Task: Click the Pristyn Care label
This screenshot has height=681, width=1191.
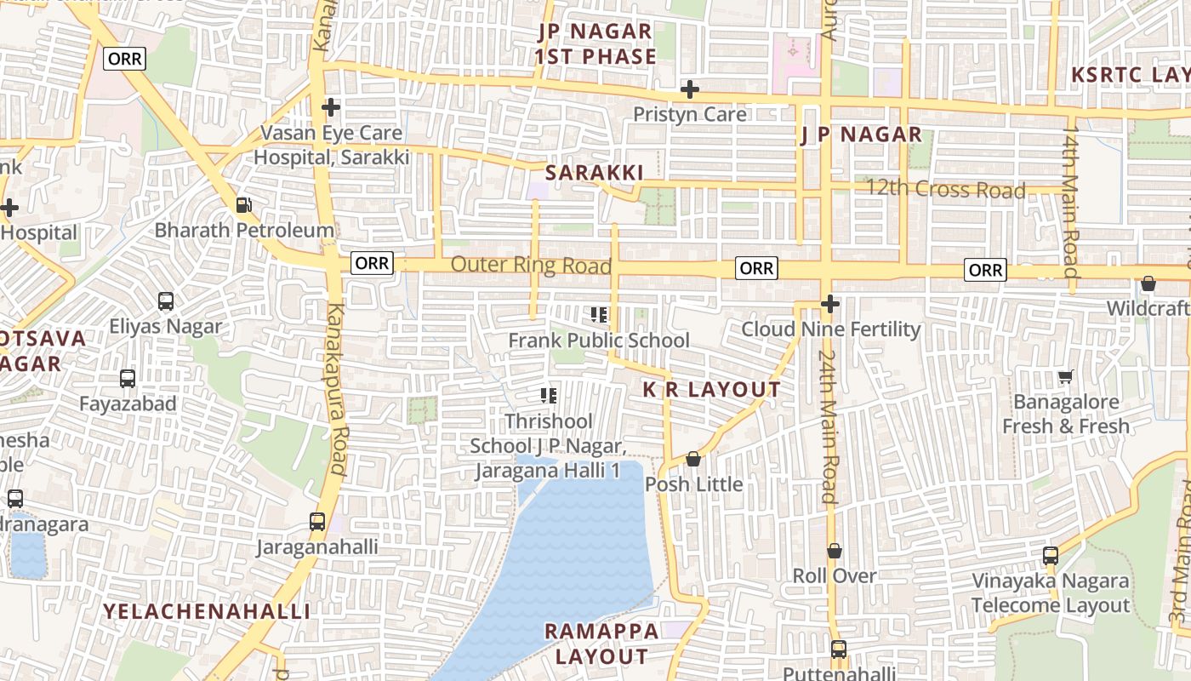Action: pyautogui.click(x=690, y=114)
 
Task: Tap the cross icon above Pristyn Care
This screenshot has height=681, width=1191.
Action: pyautogui.click(x=690, y=89)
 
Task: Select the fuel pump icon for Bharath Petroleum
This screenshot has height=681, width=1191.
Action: pyautogui.click(x=243, y=205)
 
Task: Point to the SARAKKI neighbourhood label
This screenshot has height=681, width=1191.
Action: pyautogui.click(x=594, y=173)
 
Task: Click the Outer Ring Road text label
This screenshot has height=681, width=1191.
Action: pyautogui.click(x=531, y=265)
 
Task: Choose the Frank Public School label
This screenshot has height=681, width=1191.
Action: pyautogui.click(x=599, y=340)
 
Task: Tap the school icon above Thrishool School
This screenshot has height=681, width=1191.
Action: pyautogui.click(x=549, y=395)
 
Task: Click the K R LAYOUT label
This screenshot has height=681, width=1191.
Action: pyautogui.click(x=711, y=390)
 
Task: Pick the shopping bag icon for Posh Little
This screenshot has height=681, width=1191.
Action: pyautogui.click(x=693, y=460)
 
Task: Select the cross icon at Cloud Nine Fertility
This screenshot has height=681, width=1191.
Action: pyautogui.click(x=830, y=304)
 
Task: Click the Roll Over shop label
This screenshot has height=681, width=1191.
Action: pyautogui.click(x=835, y=575)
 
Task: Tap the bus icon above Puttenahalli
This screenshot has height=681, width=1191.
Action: pyautogui.click(x=839, y=650)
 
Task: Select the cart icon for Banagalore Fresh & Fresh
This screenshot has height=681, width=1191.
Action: pyautogui.click(x=1065, y=376)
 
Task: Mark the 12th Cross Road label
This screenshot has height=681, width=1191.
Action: pyautogui.click(x=945, y=189)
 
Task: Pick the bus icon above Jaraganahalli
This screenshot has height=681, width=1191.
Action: pyautogui.click(x=317, y=521)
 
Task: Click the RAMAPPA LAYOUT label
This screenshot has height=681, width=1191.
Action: pyautogui.click(x=601, y=644)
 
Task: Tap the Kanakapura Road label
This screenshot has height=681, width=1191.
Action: pyautogui.click(x=337, y=388)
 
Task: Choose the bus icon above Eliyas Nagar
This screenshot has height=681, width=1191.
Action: pyautogui.click(x=166, y=301)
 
